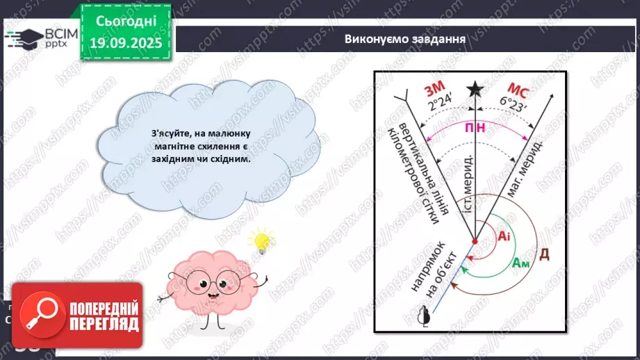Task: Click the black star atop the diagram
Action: pyautogui.click(x=475, y=88)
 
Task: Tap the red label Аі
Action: pyautogui.click(x=504, y=236)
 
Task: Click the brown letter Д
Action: pyautogui.click(x=545, y=254)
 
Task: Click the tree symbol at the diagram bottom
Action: pyautogui.click(x=422, y=317)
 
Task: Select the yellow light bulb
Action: pyautogui.click(x=262, y=240)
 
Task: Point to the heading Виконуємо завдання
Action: pyautogui.click(x=404, y=38)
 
